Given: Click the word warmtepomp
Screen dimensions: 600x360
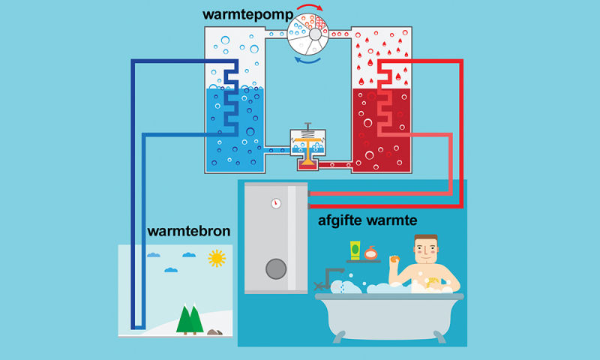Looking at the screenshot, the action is (248, 15).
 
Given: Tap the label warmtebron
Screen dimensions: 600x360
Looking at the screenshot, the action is (189, 232).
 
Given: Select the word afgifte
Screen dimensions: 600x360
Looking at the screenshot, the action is (340, 220).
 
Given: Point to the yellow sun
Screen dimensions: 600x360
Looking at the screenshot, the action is (217, 258).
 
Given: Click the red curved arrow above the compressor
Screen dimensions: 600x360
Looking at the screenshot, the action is (310, 6).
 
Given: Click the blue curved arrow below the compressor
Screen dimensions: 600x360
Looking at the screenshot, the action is (307, 61).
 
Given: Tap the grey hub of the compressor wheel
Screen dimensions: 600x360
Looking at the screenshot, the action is (315, 34).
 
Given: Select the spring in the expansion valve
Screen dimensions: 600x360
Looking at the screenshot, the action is (307, 134).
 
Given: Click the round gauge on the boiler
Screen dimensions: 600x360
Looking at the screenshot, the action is (276, 203).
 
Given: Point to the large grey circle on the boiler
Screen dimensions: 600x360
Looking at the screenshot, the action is (276, 269).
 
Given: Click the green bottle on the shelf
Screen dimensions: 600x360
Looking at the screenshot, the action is (355, 250).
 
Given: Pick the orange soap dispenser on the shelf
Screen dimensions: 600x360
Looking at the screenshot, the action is (370, 253).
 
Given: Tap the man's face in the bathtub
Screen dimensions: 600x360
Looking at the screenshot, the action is (426, 250).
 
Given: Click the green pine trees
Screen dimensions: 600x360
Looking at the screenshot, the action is (190, 319).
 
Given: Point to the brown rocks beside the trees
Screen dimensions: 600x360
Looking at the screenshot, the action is (214, 332).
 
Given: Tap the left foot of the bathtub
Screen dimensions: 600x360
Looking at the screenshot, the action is (339, 337).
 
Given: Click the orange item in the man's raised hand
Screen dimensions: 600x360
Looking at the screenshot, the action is (394, 259).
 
